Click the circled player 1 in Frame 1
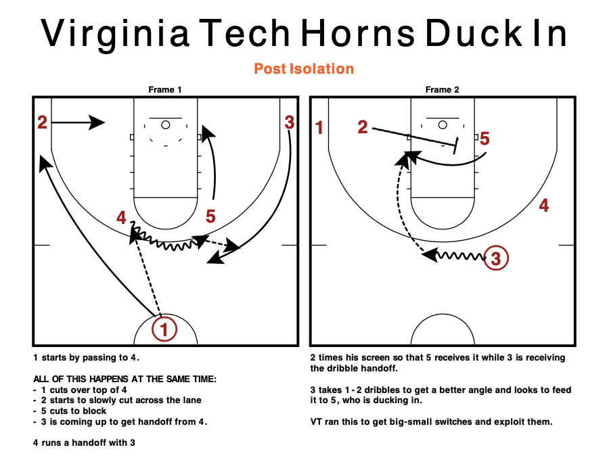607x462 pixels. point(164,329)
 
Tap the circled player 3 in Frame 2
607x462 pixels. point(495,258)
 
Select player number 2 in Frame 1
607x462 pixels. point(42,122)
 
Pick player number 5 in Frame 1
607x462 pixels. point(210,216)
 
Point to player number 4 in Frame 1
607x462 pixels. point(121,218)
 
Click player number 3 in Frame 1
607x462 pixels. point(289,122)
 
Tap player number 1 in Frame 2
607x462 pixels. point(320,127)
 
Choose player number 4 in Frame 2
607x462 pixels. point(543,206)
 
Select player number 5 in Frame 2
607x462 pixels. point(485,139)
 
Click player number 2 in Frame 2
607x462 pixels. point(363,127)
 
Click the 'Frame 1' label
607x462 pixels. point(165,89)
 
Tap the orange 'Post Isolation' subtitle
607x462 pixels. point(304,69)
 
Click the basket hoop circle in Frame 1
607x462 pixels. point(166,124)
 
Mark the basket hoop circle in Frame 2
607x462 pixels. point(443,124)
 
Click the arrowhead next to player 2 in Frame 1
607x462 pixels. point(97,122)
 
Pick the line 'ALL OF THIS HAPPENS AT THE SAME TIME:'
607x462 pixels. point(125,379)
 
